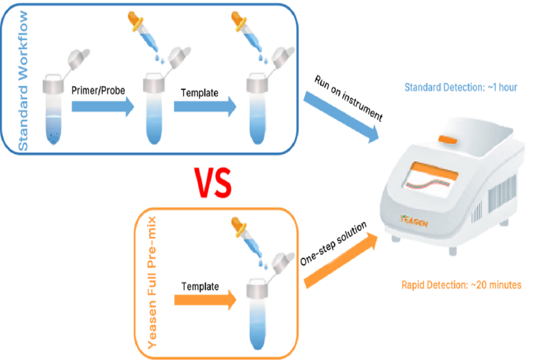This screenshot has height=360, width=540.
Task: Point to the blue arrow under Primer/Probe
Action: (x=103, y=107)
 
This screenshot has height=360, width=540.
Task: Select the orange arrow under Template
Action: (x=205, y=299)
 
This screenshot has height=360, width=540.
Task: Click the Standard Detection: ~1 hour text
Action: (x=461, y=87)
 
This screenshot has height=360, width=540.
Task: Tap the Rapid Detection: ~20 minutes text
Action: (x=461, y=285)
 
